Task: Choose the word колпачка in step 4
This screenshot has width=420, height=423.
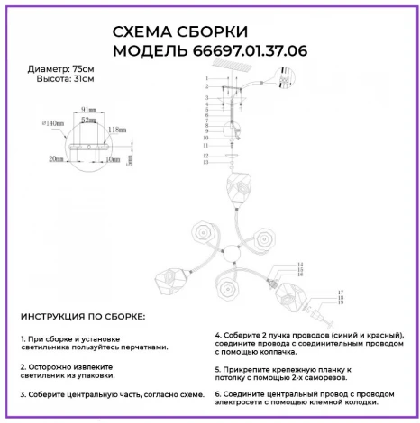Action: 271,354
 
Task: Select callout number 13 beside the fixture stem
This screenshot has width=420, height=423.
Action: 205,163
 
